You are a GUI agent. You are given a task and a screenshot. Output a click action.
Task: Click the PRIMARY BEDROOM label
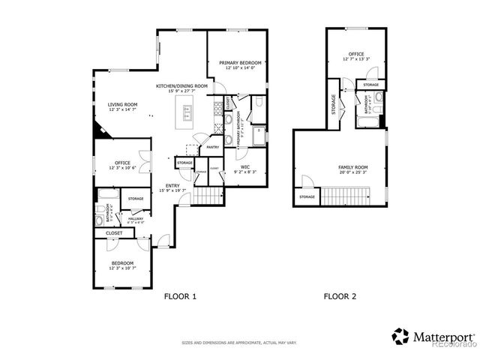[240, 63]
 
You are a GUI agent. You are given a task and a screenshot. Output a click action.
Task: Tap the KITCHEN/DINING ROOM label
[181, 86]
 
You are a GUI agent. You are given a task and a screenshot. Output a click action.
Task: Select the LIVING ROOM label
[122, 105]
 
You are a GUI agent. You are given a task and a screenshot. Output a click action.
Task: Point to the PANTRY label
[212, 148]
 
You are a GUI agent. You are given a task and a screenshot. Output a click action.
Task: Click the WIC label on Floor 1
[244, 168]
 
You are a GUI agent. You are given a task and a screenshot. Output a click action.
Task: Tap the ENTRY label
[172, 187]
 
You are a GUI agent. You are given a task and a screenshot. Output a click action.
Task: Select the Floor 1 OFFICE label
[122, 163]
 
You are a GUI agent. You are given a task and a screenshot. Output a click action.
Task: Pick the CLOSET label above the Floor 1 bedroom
[114, 233]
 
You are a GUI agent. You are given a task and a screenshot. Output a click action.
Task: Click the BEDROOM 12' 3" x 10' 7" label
[122, 264]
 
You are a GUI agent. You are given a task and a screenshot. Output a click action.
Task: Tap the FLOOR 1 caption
[180, 296]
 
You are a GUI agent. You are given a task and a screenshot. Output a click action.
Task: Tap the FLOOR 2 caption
[340, 296]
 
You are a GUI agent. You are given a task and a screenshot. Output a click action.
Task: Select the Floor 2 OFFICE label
[355, 55]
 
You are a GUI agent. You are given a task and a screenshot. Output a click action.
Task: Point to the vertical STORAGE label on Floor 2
[333, 109]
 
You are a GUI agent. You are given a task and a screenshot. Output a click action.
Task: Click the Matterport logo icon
[400, 336]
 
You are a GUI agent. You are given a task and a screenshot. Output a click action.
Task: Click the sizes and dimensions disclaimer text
[239, 343]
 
